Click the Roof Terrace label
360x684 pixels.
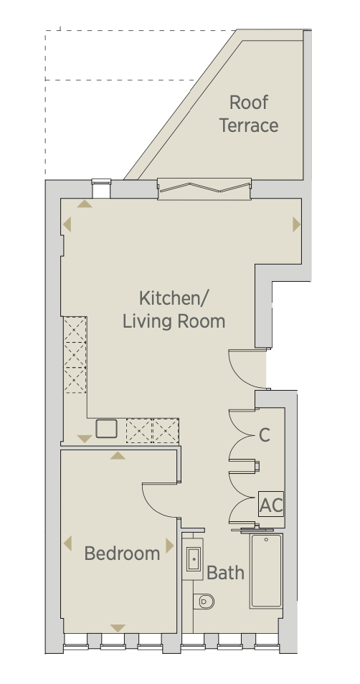click(249, 114)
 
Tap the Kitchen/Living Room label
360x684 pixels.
click(174, 310)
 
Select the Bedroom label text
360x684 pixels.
click(122, 554)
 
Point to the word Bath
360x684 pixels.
click(225, 572)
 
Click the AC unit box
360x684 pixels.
click(271, 504)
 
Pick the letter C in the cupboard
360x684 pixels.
click(265, 435)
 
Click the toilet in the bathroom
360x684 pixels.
click(204, 602)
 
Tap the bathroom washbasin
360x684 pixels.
click(193, 559)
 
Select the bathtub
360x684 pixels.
click(266, 571)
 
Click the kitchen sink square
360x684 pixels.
click(106, 428)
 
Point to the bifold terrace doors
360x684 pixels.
click(204, 189)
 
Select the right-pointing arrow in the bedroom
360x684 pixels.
click(170, 546)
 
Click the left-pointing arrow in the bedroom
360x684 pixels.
click(67, 543)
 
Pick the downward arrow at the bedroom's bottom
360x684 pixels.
click(118, 628)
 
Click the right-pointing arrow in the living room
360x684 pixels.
click(297, 224)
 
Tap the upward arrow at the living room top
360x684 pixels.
click(85, 204)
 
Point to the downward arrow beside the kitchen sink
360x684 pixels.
click(84, 438)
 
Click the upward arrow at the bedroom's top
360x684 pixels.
click(118, 456)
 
